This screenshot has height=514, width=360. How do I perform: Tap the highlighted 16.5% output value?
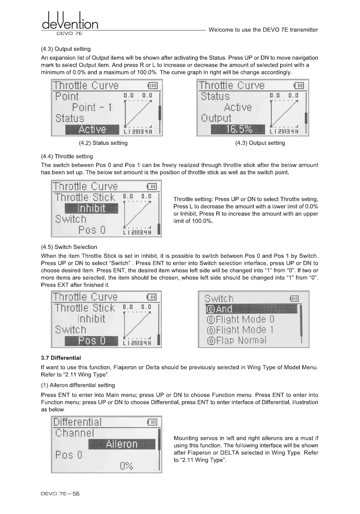[238, 129]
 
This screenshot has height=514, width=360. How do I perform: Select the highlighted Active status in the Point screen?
[92, 129]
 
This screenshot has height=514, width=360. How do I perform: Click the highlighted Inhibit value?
[91, 208]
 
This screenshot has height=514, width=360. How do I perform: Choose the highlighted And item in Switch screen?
[251, 309]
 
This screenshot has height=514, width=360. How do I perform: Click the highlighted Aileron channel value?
[122, 444]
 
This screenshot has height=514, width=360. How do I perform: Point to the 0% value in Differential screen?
[126, 466]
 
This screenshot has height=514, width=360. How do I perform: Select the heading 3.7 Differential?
[61, 358]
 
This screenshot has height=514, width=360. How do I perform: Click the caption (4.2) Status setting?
[103, 143]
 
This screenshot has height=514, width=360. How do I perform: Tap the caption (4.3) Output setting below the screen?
[260, 143]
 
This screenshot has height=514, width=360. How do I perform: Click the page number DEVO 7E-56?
[60, 494]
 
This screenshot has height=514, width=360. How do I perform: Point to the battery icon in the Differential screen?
[152, 422]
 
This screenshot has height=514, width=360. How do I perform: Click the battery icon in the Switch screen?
[294, 299]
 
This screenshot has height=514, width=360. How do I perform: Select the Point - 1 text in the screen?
[92, 107]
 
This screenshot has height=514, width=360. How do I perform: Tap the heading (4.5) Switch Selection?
[69, 247]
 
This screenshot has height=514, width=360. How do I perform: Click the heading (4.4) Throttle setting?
[67, 156]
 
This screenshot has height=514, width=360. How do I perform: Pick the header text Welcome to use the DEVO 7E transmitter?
[263, 30]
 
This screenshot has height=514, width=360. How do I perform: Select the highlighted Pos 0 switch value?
[91, 341]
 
